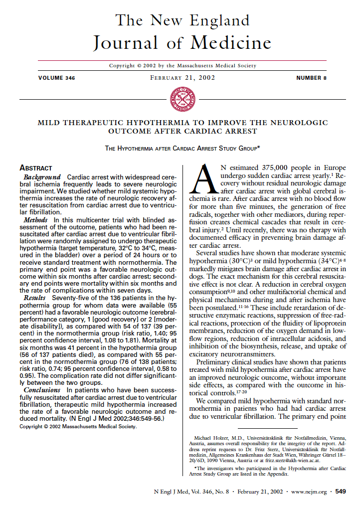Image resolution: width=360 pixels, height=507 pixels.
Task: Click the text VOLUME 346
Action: [x=57, y=78]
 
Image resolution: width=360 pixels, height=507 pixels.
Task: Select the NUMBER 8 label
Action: [x=311, y=78]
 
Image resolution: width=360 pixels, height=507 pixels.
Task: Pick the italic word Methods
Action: [x=37, y=220]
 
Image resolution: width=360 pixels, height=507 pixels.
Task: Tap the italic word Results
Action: [x=35, y=297]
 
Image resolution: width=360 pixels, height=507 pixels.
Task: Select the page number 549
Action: [x=341, y=491]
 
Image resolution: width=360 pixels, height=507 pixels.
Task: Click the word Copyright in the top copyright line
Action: [x=122, y=65]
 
